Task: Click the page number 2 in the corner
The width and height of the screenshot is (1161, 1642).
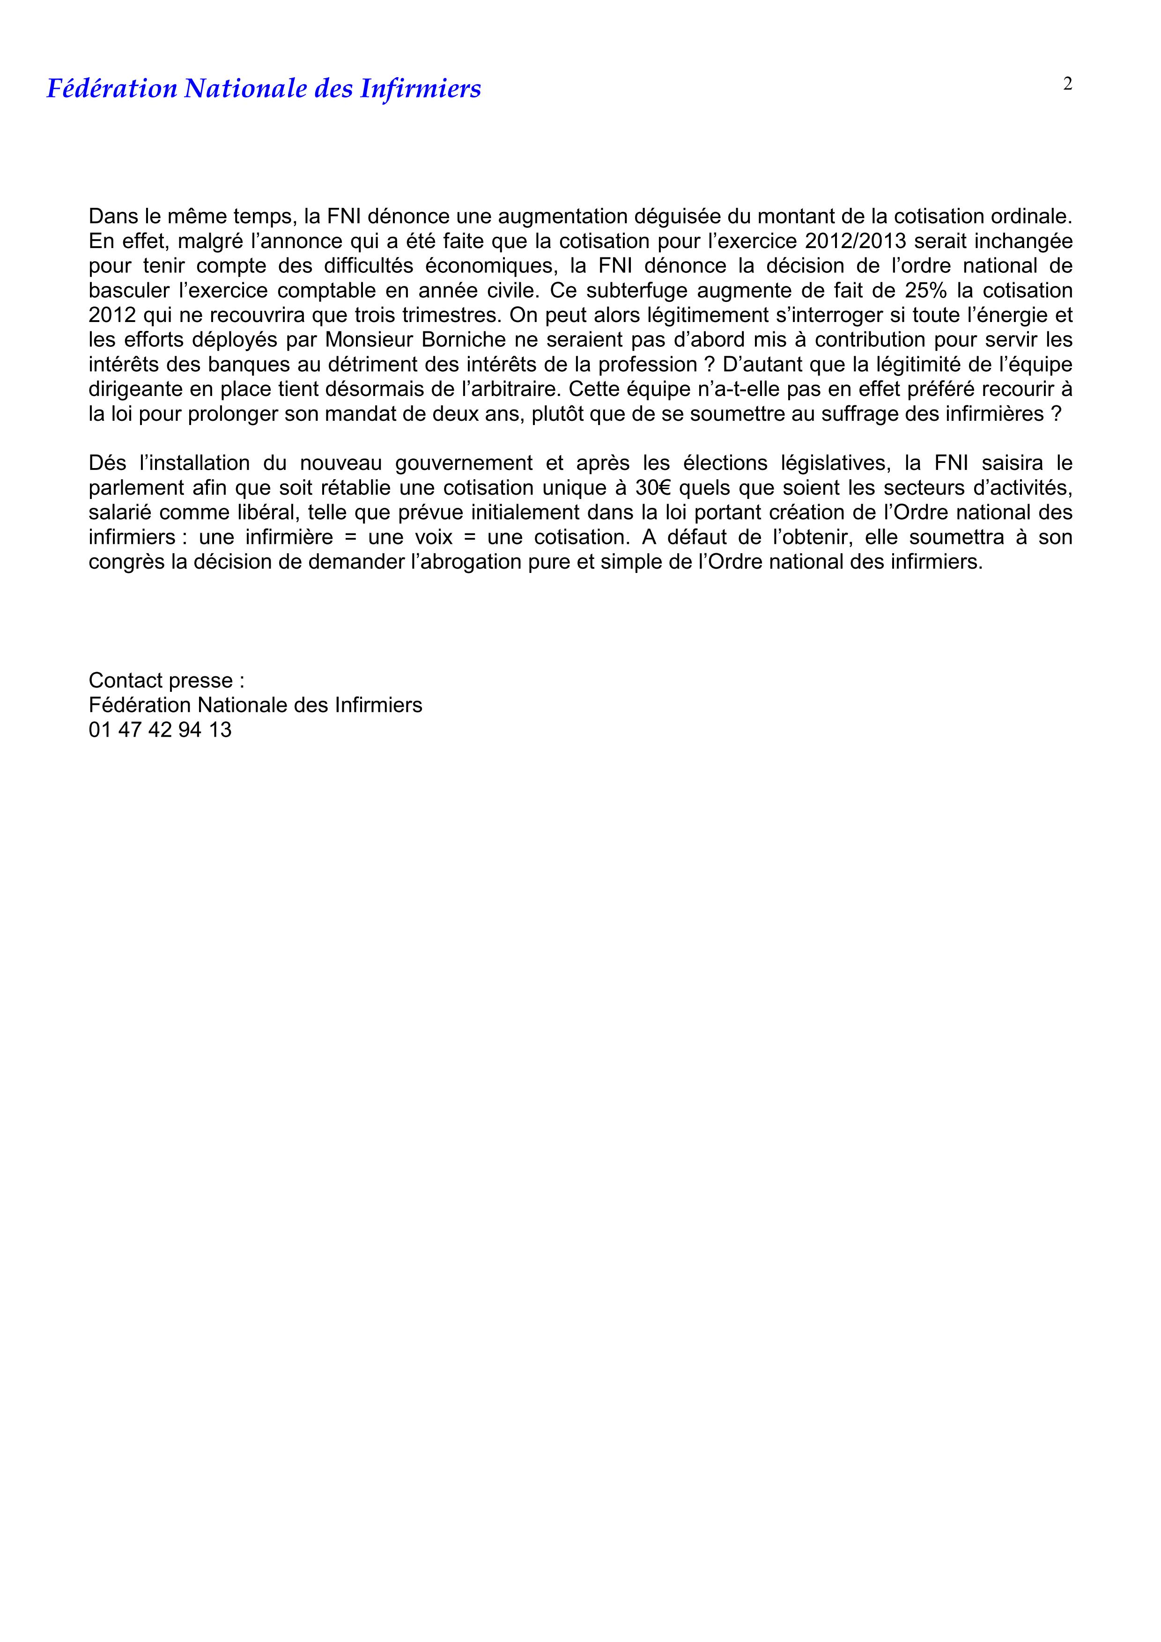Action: tap(1067, 84)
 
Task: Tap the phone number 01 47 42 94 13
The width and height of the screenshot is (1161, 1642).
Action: tap(160, 730)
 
